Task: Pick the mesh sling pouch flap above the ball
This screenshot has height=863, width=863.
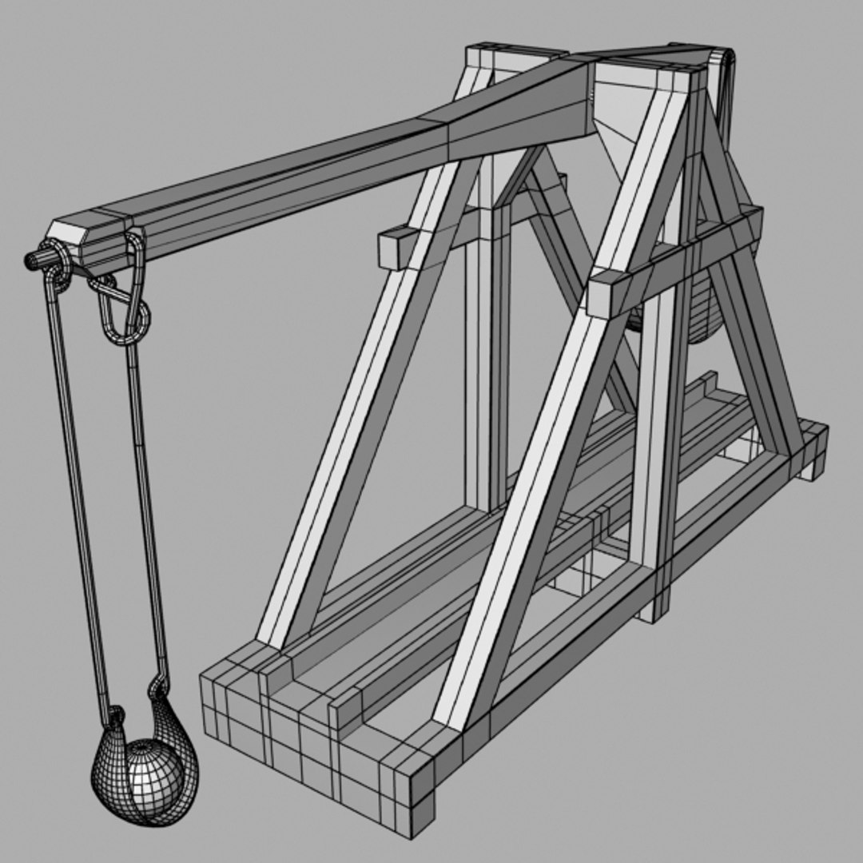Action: pos(172,719)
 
